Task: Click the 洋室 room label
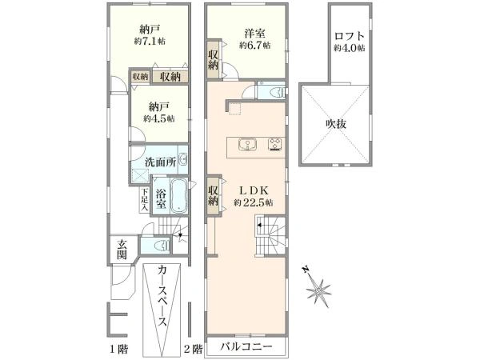click(x=254, y=33)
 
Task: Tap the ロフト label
click(x=350, y=36)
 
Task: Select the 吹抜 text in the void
click(x=336, y=124)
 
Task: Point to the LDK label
click(x=254, y=190)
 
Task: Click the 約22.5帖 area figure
click(x=254, y=202)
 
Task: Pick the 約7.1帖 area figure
click(x=150, y=41)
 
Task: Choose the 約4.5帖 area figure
click(x=159, y=118)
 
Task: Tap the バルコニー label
click(x=246, y=347)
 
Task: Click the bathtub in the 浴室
click(x=178, y=196)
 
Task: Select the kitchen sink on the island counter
click(x=248, y=145)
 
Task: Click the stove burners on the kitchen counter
click(x=275, y=144)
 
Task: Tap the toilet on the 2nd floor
click(x=278, y=91)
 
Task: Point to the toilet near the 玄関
click(x=162, y=246)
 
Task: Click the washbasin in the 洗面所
click(x=182, y=159)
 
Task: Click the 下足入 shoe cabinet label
click(x=144, y=200)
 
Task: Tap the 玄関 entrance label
click(x=122, y=250)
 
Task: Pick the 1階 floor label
click(x=118, y=349)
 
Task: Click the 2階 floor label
click(x=193, y=349)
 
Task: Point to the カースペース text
click(x=163, y=296)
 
